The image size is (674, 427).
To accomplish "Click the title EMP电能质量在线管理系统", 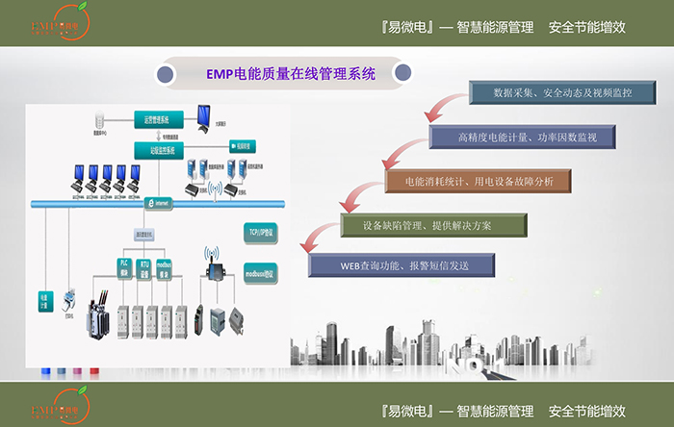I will (x=291, y=72).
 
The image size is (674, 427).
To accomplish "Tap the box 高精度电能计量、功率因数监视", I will (x=522, y=138).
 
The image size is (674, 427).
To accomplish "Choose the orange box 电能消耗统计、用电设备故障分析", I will (x=478, y=181).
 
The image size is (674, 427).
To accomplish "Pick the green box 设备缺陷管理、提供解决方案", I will (x=434, y=224).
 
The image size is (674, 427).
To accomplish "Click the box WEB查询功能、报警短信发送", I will (x=402, y=264).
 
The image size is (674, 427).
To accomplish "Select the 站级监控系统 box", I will (x=151, y=148).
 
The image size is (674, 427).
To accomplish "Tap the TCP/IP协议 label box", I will (x=255, y=232).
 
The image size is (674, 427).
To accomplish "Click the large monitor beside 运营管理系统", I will (x=205, y=115).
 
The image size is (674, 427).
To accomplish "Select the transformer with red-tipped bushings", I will (x=99, y=311).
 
